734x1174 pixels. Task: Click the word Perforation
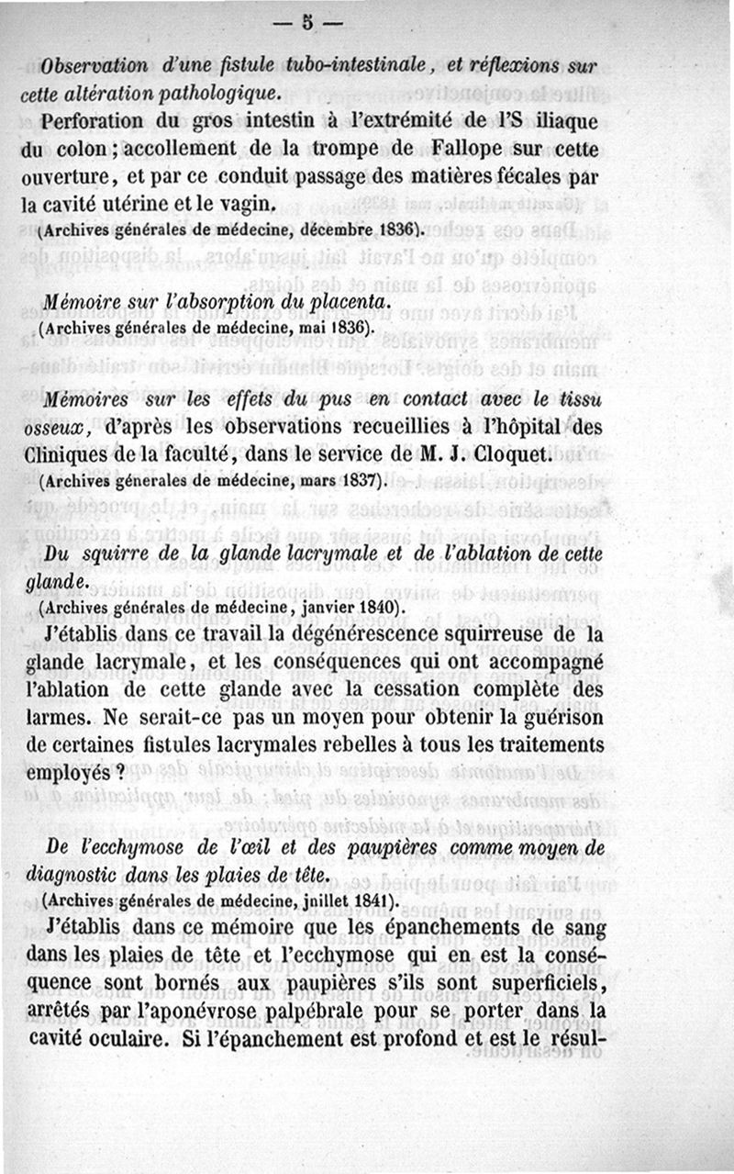pos(95,122)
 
